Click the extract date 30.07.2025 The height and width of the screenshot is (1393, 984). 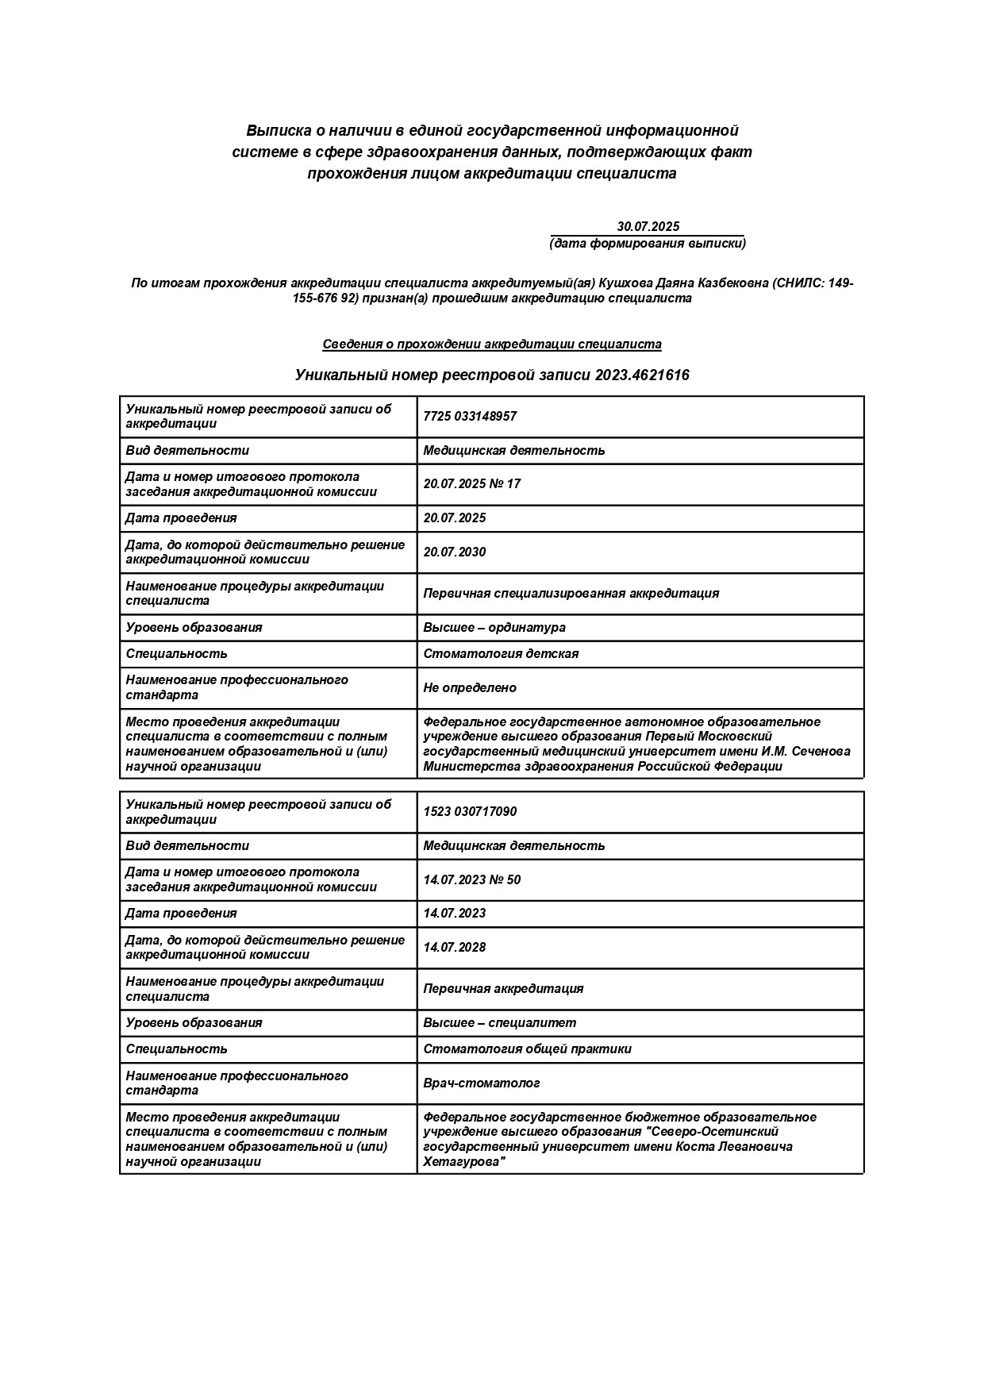(648, 227)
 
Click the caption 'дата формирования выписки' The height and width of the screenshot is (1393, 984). (648, 244)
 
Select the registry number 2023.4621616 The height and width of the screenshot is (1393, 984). (642, 375)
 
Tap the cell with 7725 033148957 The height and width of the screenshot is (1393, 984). (470, 417)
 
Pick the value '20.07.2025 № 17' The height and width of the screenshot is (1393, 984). (472, 484)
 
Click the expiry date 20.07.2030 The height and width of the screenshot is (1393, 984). (455, 552)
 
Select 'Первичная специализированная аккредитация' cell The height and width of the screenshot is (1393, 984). (571, 594)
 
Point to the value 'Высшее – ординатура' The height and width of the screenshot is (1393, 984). (494, 628)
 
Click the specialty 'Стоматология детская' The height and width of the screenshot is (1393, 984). (501, 654)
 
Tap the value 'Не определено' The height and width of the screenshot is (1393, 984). (470, 688)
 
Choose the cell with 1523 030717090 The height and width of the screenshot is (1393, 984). (470, 812)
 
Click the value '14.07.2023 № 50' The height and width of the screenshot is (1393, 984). (472, 879)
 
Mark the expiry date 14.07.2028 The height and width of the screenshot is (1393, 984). (455, 948)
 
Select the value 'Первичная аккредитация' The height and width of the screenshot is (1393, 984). (503, 989)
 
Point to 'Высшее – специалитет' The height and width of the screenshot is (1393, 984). (500, 1023)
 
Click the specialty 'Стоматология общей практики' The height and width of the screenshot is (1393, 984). (528, 1049)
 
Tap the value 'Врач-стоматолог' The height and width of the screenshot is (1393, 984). (482, 1083)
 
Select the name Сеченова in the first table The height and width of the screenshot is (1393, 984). (821, 752)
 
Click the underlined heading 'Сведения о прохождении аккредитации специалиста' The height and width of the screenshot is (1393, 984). (492, 344)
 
